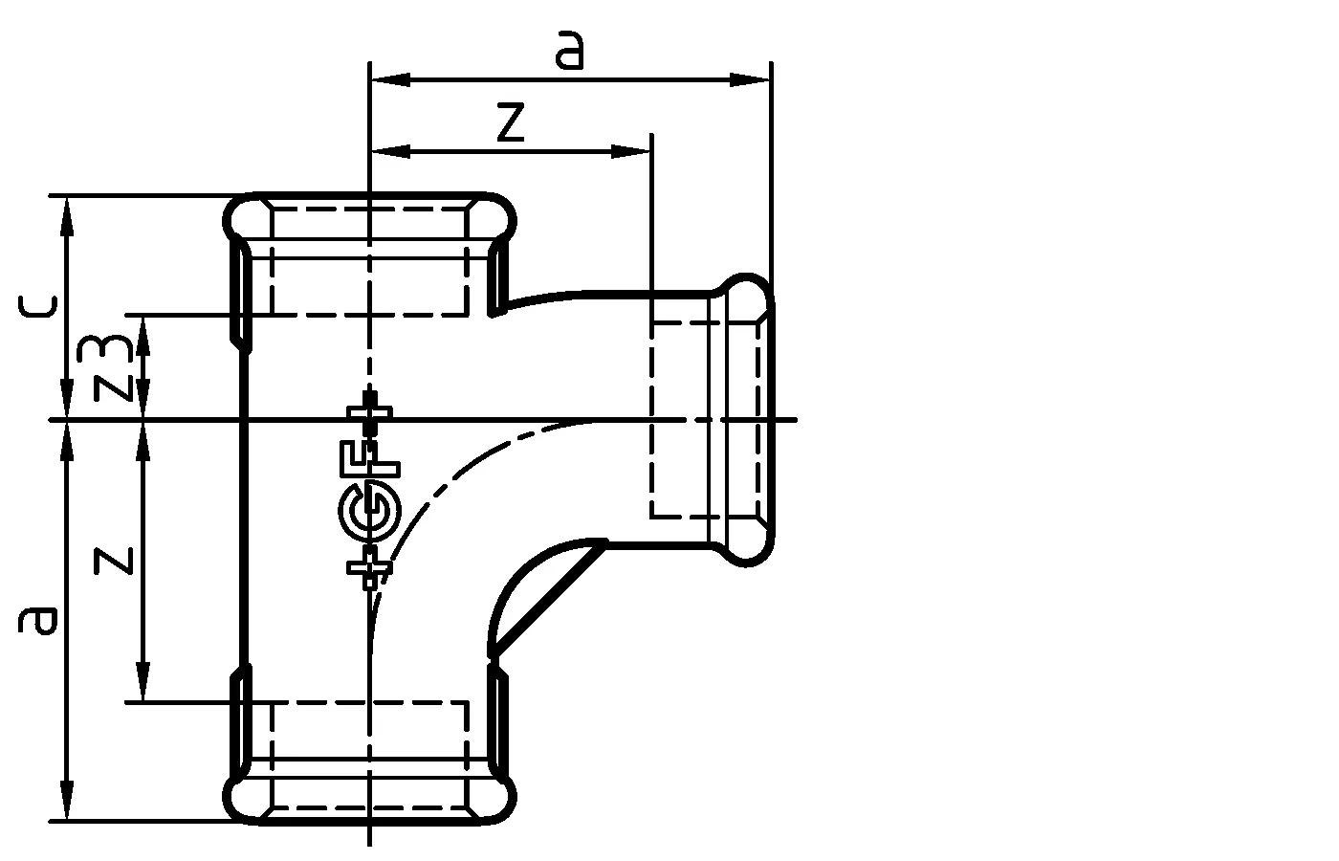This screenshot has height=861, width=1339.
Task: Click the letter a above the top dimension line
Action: tap(570, 50)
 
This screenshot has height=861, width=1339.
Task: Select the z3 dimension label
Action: tap(113, 366)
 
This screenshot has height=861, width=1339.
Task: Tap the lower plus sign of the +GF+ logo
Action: tap(369, 568)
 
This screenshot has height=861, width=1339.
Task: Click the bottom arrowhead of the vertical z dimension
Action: tap(143, 683)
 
